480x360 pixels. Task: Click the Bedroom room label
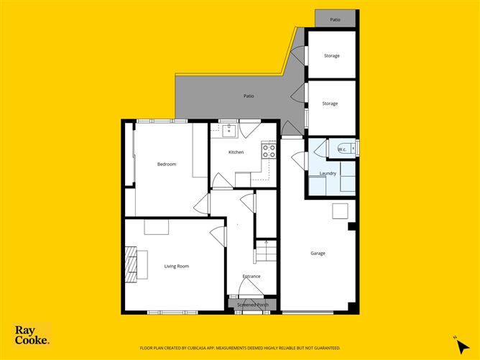pos(167,164)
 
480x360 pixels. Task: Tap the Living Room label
pos(176,267)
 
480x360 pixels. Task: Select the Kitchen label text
pos(236,152)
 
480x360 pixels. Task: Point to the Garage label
pos(318,253)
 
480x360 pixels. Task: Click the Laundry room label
pos(328,172)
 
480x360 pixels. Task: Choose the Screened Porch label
pos(251,305)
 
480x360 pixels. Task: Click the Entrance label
pos(251,276)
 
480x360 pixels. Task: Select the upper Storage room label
pos(331,55)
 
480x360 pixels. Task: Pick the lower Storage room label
pos(330,103)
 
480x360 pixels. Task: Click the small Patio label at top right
pos(335,19)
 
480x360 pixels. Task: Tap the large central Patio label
pos(248,96)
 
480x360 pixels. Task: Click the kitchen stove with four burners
pos(269,151)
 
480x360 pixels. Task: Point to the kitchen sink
pos(230,130)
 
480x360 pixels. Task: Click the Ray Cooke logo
pos(32,335)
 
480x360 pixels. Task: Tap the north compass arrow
pos(458,343)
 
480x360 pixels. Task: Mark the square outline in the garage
pos(340,211)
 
